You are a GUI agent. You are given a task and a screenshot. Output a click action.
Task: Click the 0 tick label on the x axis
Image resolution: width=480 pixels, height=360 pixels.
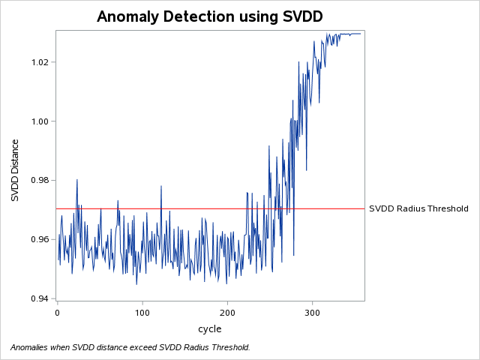[x=57, y=311]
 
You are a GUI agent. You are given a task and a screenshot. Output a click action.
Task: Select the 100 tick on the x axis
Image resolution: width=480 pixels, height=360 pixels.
[x=142, y=311]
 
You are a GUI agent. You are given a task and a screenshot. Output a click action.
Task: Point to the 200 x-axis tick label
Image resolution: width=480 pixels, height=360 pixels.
[x=226, y=311]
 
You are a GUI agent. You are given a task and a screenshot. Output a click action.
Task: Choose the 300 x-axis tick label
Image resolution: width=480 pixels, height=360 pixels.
[x=312, y=311]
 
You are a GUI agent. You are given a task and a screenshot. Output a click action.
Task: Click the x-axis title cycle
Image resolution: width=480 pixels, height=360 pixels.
[x=209, y=329]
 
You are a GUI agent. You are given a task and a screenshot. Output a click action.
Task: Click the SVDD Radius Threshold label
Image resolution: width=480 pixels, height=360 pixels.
[x=418, y=208]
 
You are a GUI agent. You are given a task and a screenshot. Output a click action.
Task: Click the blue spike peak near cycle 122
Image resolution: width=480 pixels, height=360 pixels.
[x=160, y=186]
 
